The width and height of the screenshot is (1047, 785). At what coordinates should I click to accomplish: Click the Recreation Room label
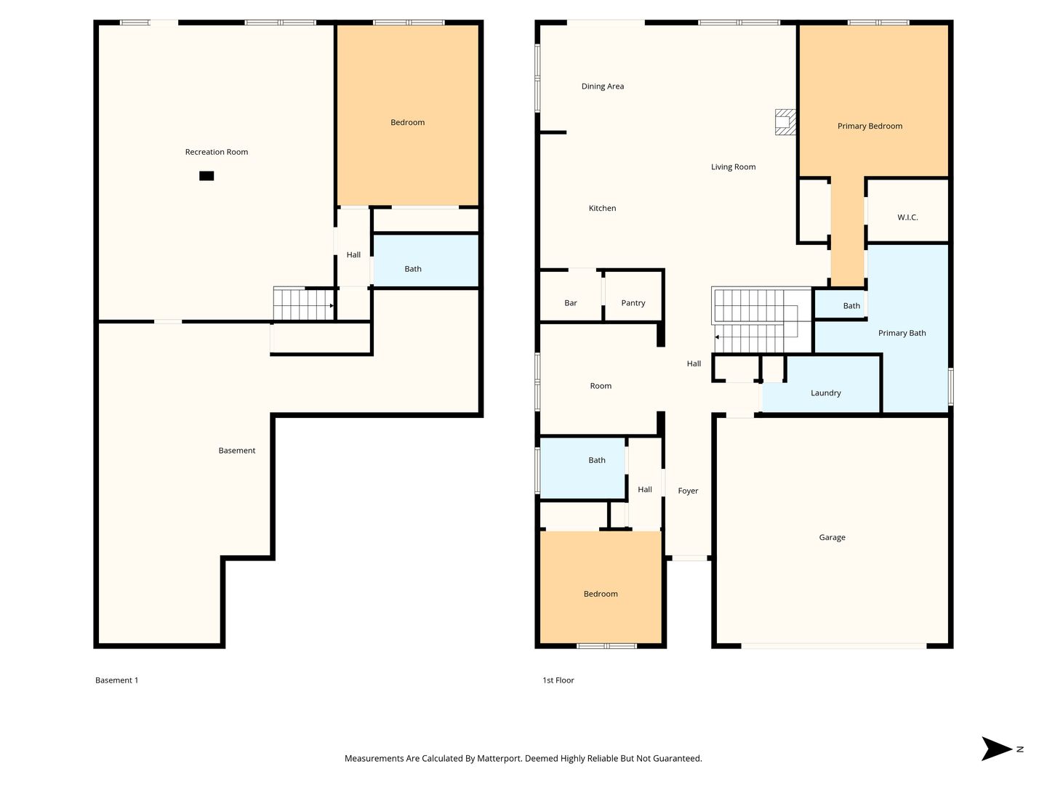pos(216,152)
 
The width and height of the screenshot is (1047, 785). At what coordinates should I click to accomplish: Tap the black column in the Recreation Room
pos(206,175)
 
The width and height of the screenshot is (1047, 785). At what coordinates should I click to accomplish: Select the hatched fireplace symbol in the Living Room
pos(785,122)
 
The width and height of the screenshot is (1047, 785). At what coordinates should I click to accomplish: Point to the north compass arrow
pos(996,749)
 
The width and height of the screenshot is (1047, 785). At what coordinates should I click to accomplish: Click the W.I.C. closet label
pos(907,217)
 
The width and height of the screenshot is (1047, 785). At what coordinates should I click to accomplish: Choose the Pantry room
pos(633,296)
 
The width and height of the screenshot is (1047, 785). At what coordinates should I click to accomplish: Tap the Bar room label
pos(570,302)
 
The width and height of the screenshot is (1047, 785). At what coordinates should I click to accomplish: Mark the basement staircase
pos(303,304)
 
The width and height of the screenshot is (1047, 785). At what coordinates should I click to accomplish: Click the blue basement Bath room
pos(425,261)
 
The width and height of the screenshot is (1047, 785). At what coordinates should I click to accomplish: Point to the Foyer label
pos(687,491)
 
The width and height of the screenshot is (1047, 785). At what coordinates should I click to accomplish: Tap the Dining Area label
pos(602,86)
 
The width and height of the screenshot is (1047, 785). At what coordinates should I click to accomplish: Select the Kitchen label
pos(602,208)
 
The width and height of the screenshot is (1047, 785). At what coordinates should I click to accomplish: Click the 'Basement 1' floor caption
pos(116,680)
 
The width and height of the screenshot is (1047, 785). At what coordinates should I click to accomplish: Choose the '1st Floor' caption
pos(558,680)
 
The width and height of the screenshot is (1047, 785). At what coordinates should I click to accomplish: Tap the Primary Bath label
pos(902,333)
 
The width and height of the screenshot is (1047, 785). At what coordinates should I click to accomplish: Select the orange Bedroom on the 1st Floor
pos(600,587)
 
